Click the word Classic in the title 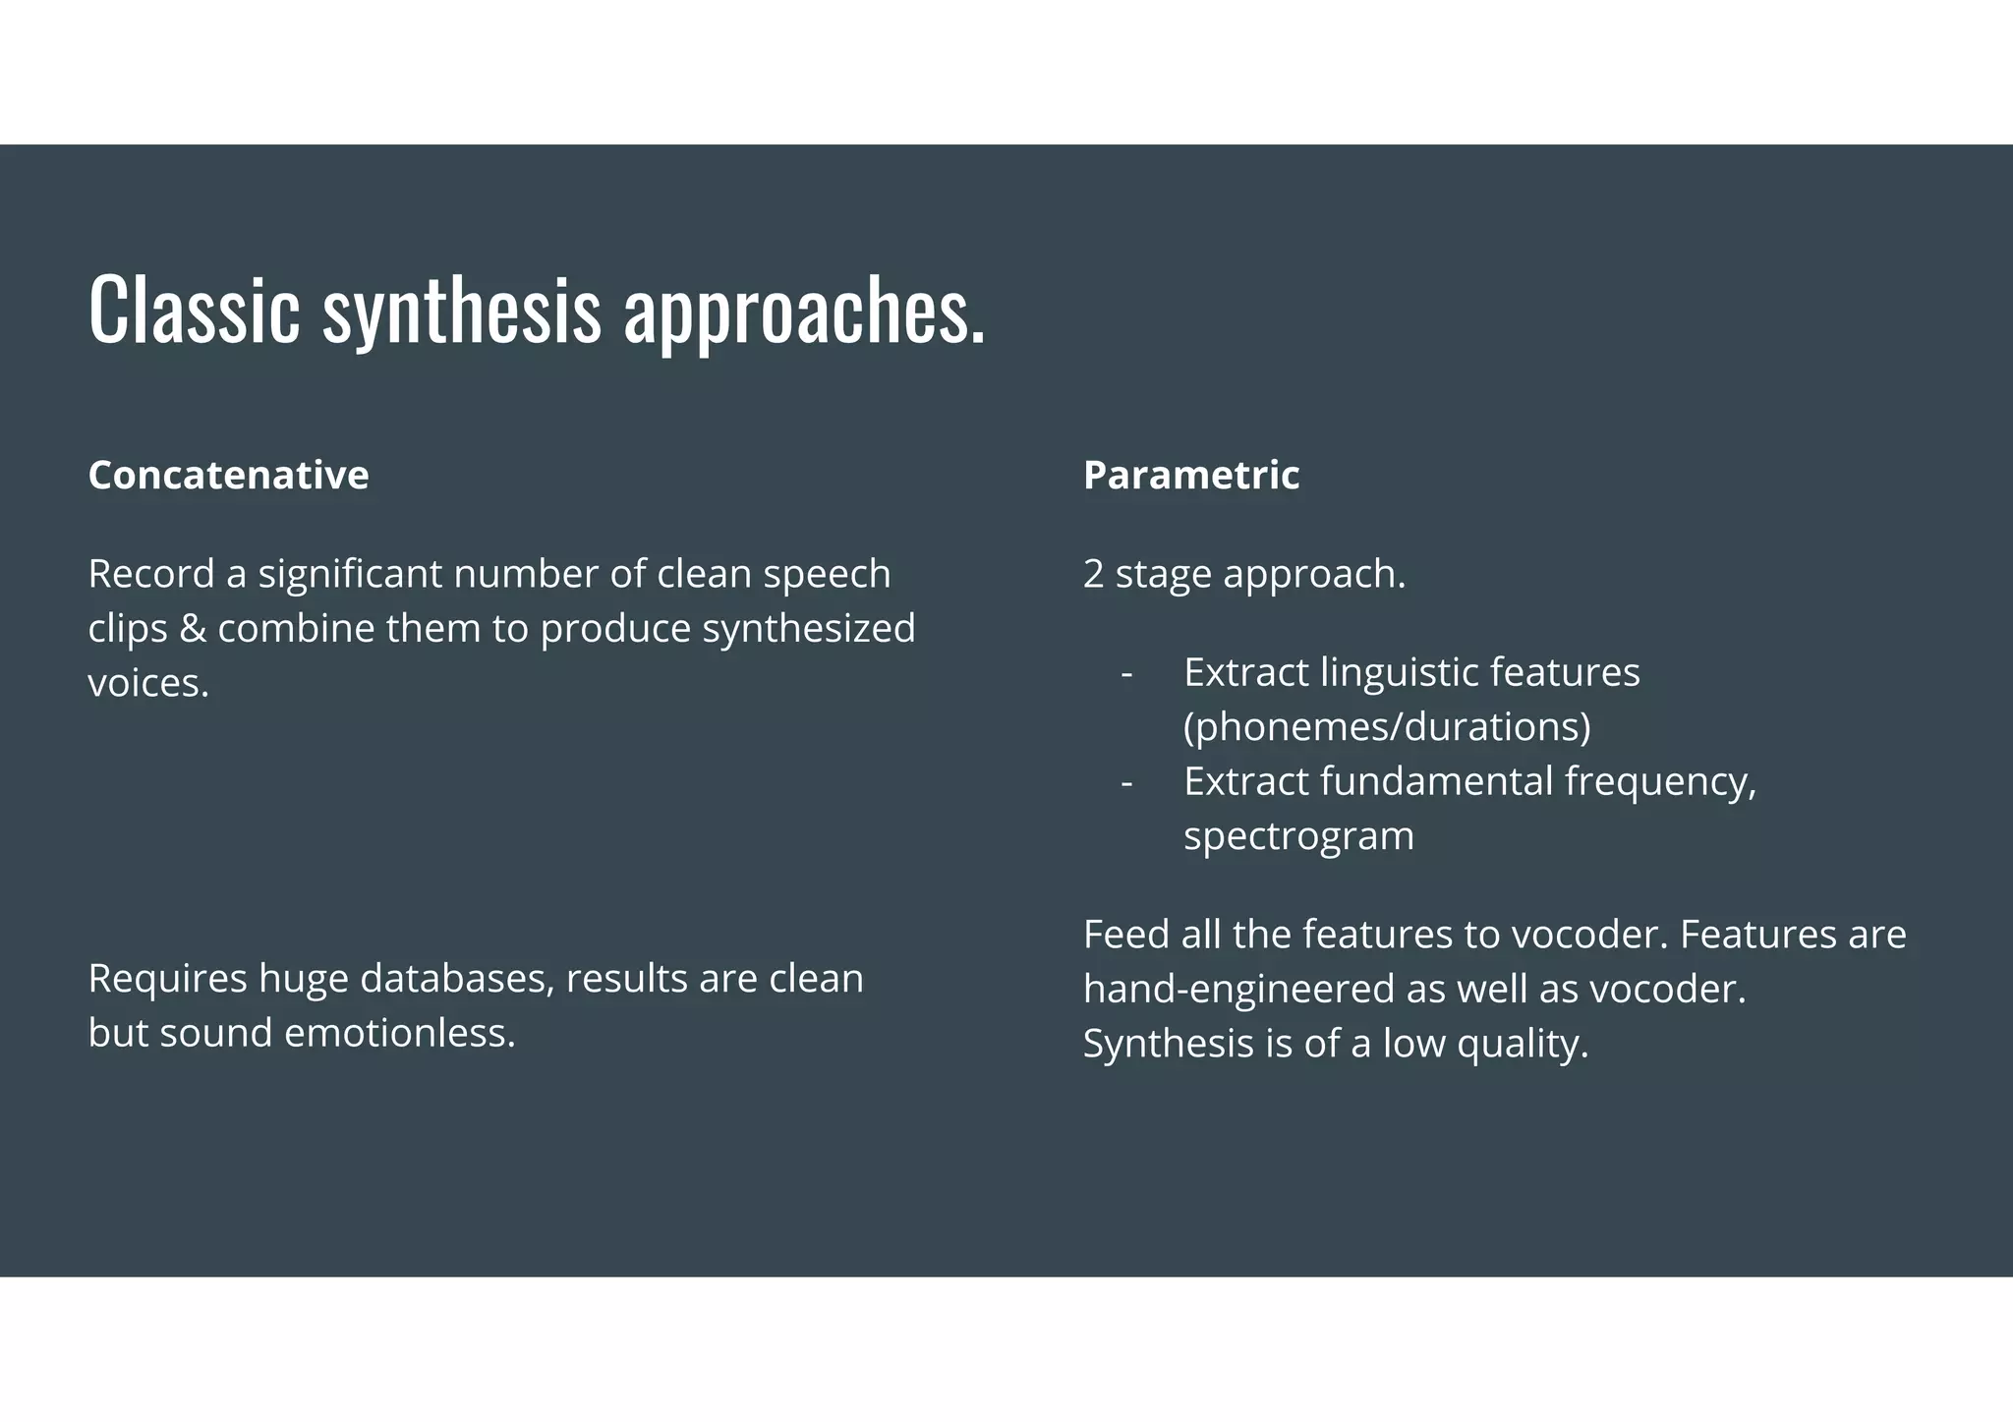[x=194, y=310]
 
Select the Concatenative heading [x=228, y=475]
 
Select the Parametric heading [x=1190, y=475]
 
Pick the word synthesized [x=808, y=629]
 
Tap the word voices [x=147, y=683]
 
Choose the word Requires [x=167, y=979]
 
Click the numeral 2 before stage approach [x=1093, y=574]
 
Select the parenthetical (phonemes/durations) [x=1387, y=727]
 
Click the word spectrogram [x=1298, y=836]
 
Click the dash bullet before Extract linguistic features [x=1126, y=673]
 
